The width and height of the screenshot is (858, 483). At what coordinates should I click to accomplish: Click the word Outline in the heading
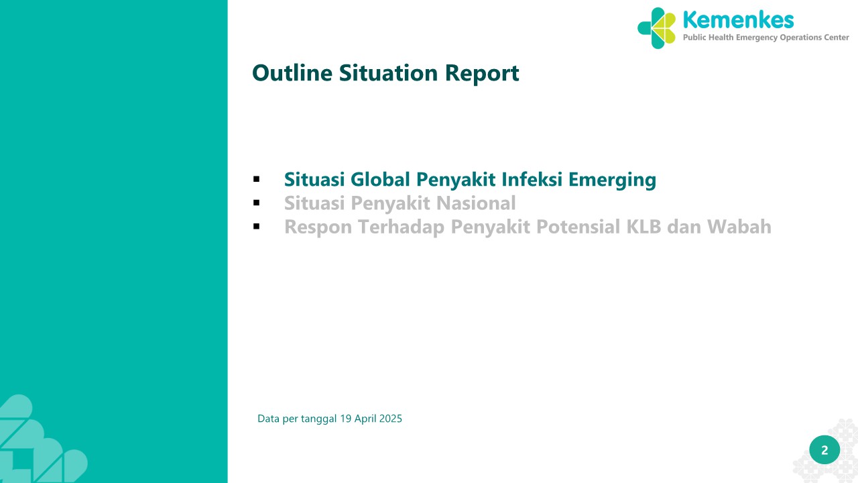tap(292, 73)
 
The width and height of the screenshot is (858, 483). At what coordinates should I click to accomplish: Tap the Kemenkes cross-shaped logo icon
tap(656, 28)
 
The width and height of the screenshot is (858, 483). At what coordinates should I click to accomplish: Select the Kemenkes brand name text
tap(738, 20)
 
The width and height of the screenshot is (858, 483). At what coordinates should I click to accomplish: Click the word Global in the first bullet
tap(380, 179)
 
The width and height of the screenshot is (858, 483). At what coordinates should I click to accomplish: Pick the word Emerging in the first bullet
tap(612, 180)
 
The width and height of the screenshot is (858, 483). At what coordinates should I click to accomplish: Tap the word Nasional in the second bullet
tap(476, 203)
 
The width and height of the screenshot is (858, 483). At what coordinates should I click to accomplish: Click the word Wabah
tap(739, 227)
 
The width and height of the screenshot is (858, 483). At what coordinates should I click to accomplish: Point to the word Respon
tap(318, 227)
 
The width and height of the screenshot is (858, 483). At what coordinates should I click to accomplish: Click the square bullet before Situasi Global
tap(256, 179)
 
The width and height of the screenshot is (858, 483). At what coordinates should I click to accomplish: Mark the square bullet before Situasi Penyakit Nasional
tap(256, 203)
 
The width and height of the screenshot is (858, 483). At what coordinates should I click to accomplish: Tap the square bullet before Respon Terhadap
tap(256, 227)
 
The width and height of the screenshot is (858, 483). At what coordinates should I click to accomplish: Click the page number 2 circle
tap(824, 450)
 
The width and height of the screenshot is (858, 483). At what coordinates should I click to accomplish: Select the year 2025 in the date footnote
tap(390, 419)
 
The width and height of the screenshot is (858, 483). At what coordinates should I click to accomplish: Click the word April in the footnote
tap(365, 419)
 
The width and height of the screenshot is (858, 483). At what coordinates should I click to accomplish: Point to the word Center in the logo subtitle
tap(837, 38)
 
